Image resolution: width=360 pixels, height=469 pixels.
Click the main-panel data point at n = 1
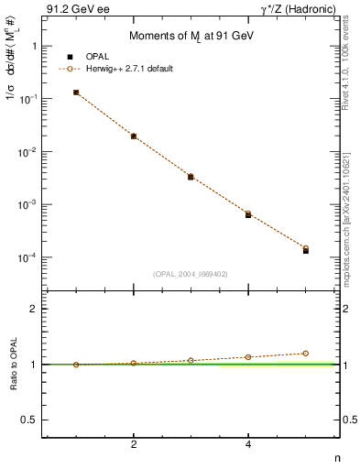click(76, 93)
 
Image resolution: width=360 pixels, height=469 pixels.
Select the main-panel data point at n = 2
click(134, 136)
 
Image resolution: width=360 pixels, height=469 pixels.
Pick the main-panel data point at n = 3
click(191, 176)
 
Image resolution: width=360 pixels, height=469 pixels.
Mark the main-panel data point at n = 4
click(248, 213)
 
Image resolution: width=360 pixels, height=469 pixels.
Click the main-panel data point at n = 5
click(306, 249)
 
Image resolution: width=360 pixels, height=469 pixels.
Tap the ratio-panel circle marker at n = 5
click(306, 354)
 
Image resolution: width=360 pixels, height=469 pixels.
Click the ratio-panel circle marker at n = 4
click(248, 357)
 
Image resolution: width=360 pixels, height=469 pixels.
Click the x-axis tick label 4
click(248, 445)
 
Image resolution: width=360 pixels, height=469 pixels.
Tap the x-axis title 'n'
click(337, 458)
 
